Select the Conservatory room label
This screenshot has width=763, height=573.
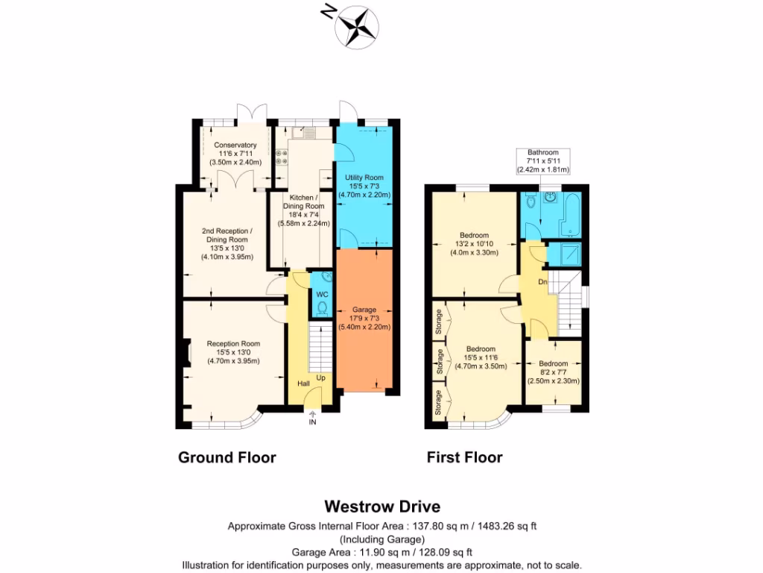tap(235, 153)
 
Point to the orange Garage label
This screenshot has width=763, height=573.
tap(364, 317)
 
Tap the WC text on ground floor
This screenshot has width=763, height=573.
tap(322, 295)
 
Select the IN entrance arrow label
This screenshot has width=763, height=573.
tap(313, 422)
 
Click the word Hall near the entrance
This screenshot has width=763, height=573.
tap(304, 383)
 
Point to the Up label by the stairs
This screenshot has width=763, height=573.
tap(321, 378)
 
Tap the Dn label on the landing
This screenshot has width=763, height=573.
tap(544, 283)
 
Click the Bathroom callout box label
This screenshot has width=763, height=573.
tap(542, 160)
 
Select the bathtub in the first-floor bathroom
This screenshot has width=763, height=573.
tap(570, 213)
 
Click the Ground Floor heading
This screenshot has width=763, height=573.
tap(227, 457)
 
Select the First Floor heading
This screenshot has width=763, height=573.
tap(464, 457)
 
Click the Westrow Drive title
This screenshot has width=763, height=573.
tap(381, 508)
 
